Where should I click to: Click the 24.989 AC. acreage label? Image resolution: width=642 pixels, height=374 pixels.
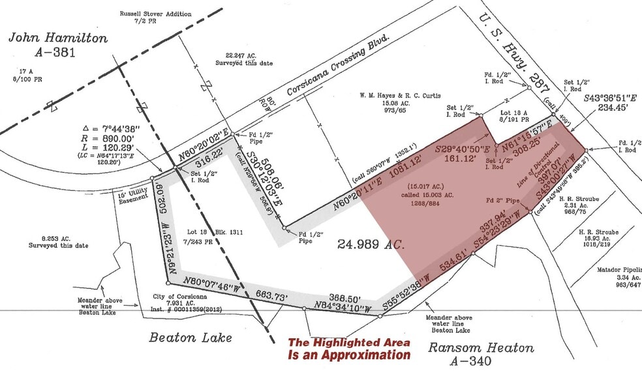pyautogui.click(x=371, y=245)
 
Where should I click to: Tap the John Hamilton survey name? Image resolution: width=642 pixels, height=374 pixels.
pyautogui.click(x=58, y=38)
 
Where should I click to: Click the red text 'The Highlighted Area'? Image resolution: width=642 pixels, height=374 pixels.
pyautogui.click(x=350, y=343)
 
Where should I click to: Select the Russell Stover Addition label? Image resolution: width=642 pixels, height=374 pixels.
pyautogui.click(x=155, y=14)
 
